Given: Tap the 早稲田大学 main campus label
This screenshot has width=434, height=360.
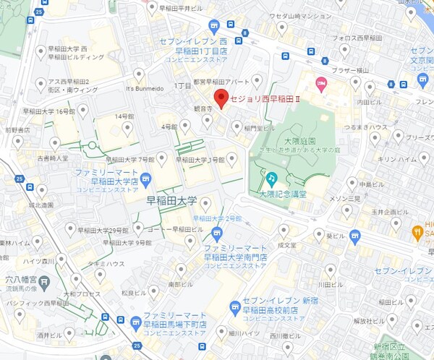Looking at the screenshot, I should (171, 200).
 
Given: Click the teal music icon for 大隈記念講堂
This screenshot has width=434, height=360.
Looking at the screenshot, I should (271, 178).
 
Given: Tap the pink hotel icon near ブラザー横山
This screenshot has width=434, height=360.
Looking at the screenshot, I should (322, 81).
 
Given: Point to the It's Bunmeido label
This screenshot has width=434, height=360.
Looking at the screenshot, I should (140, 88).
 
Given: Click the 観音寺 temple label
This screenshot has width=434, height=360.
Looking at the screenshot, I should (202, 108).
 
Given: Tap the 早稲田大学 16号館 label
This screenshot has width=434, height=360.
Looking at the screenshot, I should (48, 112).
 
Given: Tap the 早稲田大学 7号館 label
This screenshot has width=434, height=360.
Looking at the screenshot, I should (131, 159).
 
